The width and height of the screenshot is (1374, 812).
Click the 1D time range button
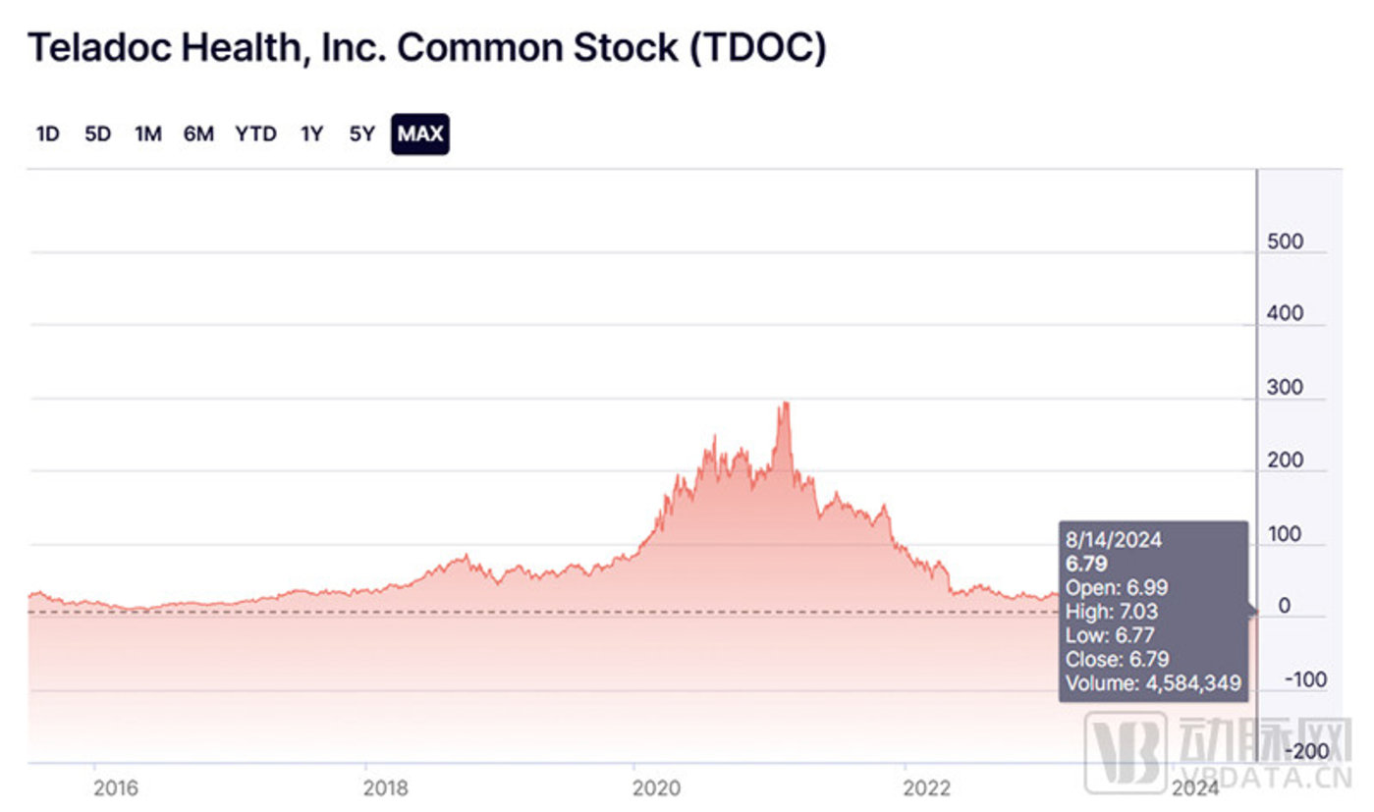[x=47, y=135]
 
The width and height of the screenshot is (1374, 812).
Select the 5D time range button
[x=98, y=135]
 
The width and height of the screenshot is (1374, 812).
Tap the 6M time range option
[x=198, y=135]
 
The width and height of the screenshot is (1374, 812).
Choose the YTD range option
[x=255, y=135]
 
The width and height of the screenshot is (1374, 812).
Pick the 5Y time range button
[x=361, y=135]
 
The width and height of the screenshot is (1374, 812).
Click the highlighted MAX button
[x=420, y=135]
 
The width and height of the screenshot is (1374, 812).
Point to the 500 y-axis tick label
[x=1285, y=242]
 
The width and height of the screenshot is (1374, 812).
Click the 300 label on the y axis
[x=1285, y=387]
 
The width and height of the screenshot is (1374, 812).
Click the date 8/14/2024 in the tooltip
[x=1115, y=540]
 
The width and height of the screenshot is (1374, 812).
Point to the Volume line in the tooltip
[x=1154, y=683]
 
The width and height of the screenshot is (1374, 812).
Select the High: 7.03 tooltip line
[x=1112, y=612]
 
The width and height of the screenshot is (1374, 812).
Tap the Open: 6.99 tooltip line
[x=1115, y=587]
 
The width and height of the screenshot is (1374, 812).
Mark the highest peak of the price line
[x=784, y=403]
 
